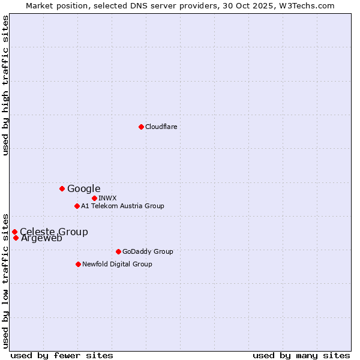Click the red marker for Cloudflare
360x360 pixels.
click(x=141, y=127)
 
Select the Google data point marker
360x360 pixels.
click(x=62, y=188)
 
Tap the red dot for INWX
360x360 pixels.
click(x=94, y=198)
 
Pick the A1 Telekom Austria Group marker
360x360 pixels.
click(x=77, y=206)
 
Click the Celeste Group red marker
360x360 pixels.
click(x=14, y=232)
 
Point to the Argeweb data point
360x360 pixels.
click(x=16, y=238)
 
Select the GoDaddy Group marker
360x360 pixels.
click(x=118, y=251)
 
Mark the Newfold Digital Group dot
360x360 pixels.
click(x=78, y=264)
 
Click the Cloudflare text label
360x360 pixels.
click(x=161, y=127)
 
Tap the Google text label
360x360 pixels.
click(x=83, y=188)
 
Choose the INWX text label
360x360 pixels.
click(x=107, y=198)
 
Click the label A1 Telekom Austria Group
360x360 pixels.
click(x=122, y=206)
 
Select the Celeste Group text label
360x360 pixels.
click(x=53, y=232)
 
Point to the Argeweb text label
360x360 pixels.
click(x=41, y=238)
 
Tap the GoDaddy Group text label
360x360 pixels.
click(x=147, y=251)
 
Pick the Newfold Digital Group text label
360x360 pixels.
click(x=117, y=264)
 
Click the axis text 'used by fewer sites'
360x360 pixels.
click(x=62, y=355)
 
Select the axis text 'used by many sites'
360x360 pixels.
click(x=301, y=355)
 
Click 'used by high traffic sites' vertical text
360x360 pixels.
click(x=5, y=85)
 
